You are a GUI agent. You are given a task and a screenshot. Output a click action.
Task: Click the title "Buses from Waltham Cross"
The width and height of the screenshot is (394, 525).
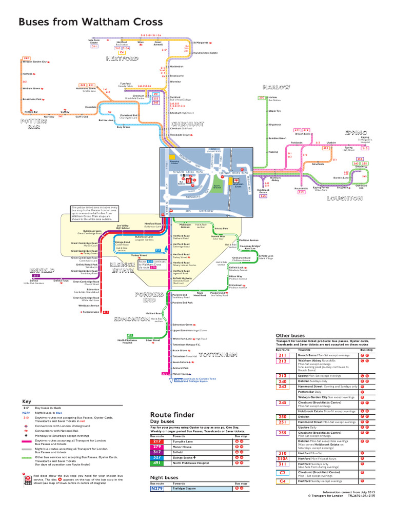click(x=90, y=23)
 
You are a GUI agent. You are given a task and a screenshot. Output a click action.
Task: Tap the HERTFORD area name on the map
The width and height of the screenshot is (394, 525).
click(x=122, y=59)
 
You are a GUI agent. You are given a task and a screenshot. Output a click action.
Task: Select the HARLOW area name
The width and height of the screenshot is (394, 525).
click(x=276, y=87)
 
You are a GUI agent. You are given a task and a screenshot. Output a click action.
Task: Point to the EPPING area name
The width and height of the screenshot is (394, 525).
click(x=356, y=132)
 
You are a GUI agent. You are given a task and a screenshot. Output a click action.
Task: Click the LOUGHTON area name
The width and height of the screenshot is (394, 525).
click(x=347, y=197)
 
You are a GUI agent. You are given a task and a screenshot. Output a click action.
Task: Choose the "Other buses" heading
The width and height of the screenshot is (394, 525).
click(x=290, y=335)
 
